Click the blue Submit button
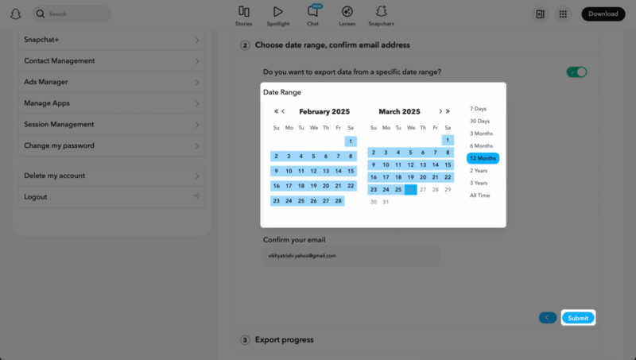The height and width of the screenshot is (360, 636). (x=578, y=318)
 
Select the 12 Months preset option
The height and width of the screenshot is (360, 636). (x=483, y=158)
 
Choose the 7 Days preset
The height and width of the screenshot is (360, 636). (x=479, y=109)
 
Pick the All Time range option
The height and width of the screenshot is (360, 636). (x=480, y=195)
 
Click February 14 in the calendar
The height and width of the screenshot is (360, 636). (x=338, y=171)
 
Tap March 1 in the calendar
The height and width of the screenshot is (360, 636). (x=448, y=141)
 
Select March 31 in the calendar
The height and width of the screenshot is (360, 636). (x=386, y=202)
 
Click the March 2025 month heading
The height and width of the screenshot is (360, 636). (x=399, y=112)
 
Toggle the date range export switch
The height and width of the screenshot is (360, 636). (x=576, y=72)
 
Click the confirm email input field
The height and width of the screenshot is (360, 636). (x=351, y=256)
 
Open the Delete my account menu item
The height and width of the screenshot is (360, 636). (x=111, y=176)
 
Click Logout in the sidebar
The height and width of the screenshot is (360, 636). (x=111, y=196)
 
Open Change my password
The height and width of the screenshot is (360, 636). (x=111, y=145)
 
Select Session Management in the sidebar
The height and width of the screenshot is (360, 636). (x=111, y=124)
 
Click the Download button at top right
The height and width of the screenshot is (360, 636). (x=603, y=14)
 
